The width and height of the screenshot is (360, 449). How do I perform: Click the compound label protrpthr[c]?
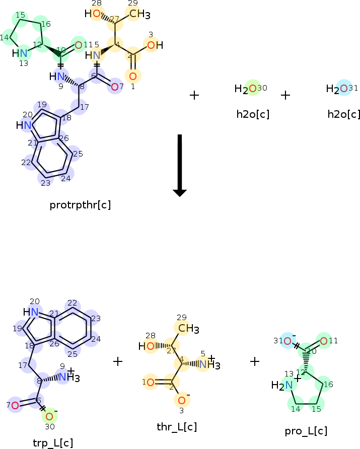[x=81, y=205]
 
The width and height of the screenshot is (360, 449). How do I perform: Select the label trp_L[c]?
[x=53, y=442]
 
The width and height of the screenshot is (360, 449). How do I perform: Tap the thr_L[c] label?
[x=177, y=427]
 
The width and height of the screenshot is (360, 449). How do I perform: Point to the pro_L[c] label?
[x=306, y=431]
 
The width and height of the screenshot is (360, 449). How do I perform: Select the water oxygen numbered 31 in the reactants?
[x=343, y=89]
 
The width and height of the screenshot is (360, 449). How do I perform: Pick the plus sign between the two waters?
[x=285, y=95]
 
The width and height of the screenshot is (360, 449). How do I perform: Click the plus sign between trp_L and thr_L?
[x=118, y=361]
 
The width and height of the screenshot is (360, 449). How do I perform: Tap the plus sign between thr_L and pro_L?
[x=255, y=361]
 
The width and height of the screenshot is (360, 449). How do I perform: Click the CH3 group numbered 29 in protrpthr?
[x=136, y=14]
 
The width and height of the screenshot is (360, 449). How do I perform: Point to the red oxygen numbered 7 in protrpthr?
[x=115, y=87]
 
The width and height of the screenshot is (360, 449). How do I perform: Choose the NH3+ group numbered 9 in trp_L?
[x=64, y=377]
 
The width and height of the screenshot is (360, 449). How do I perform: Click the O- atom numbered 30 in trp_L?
[x=49, y=416]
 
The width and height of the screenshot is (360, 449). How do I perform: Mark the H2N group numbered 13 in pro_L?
[x=283, y=386]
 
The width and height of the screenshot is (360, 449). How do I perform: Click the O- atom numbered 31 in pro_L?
[x=287, y=341]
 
